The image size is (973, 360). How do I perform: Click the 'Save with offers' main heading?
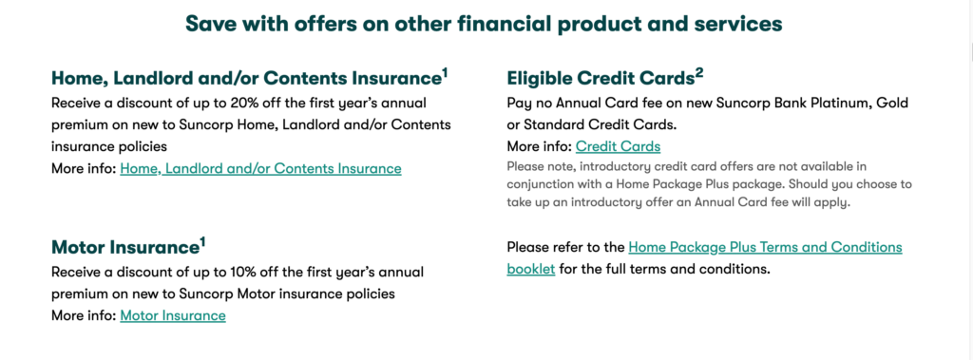pos(486,23)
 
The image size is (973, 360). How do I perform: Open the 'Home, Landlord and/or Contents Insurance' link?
pos(260,168)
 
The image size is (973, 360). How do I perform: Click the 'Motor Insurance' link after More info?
pos(173,314)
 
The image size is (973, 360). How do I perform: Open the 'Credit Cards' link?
pos(618,145)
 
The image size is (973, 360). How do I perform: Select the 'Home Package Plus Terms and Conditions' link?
pos(765,247)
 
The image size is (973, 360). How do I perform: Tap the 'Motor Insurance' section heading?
pos(123,248)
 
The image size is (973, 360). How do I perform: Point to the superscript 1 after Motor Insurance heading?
pos(201,241)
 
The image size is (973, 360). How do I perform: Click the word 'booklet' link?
pos(531,269)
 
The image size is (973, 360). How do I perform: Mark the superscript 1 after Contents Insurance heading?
pos(445,70)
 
